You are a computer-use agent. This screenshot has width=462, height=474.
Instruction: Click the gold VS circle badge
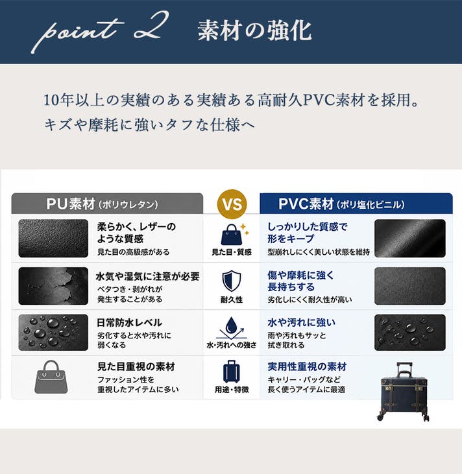pos(232,204)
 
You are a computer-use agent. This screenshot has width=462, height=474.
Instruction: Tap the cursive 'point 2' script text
pos(100,31)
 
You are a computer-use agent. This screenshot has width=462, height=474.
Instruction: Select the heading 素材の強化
pos(254,30)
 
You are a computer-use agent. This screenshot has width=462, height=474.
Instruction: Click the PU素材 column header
pos(107,204)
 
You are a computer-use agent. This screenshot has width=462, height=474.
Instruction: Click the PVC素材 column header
pos(356,204)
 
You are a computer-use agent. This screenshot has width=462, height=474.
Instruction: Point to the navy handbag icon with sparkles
pos(234,234)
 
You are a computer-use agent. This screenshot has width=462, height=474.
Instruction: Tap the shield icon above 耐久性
pos(232,281)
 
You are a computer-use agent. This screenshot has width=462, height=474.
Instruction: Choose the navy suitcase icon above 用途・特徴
pos(232,372)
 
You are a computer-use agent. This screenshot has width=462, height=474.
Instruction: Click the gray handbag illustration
pos(51,377)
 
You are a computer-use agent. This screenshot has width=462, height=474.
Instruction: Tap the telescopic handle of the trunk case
pos(404,370)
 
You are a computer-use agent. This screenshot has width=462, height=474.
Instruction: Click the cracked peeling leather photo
pos(53,286)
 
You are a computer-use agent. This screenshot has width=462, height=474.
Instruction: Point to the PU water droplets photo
pos(53,333)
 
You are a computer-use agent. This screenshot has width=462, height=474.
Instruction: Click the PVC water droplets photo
pos(410,333)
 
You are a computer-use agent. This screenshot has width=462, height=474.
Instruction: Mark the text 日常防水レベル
pos(129,322)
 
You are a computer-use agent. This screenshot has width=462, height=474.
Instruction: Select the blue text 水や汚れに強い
pos(301,322)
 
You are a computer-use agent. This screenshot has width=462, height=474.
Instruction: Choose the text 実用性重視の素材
pos(307,366)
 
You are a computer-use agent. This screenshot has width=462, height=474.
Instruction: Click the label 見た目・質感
pos(232,252)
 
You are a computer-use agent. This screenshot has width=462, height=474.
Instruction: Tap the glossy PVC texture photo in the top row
pos(410,239)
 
